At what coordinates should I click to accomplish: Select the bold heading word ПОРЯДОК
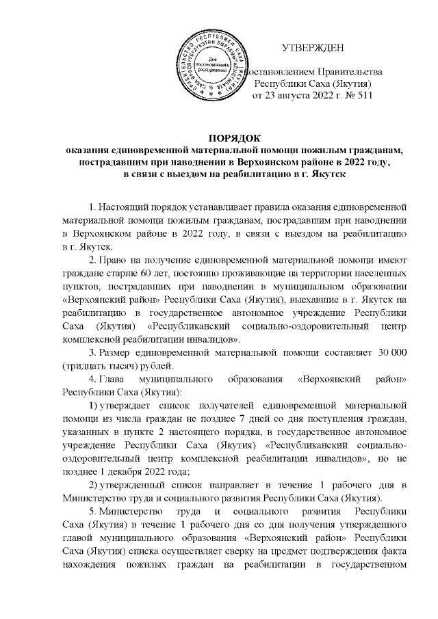219,140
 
